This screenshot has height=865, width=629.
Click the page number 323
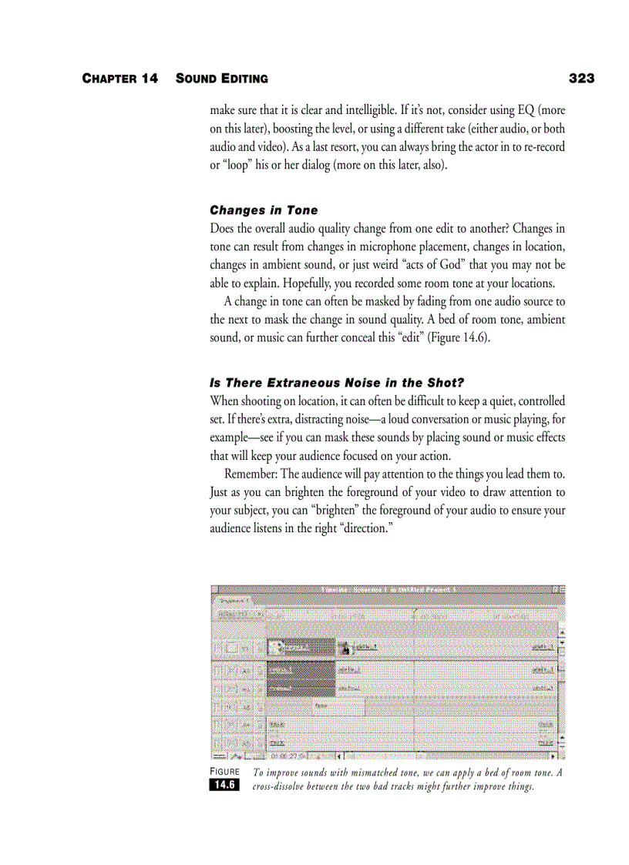[581, 79]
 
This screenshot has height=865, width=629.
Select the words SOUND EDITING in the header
[222, 79]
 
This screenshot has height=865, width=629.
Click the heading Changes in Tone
[264, 210]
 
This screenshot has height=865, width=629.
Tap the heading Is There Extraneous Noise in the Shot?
[337, 383]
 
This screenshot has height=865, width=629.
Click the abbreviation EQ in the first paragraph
[524, 110]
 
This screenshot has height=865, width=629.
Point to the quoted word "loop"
[230, 166]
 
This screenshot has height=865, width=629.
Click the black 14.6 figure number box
[224, 785]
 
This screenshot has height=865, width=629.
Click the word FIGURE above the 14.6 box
[224, 772]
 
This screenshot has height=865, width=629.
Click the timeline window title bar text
[388, 590]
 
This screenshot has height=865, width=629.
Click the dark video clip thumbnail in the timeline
[301, 647]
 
